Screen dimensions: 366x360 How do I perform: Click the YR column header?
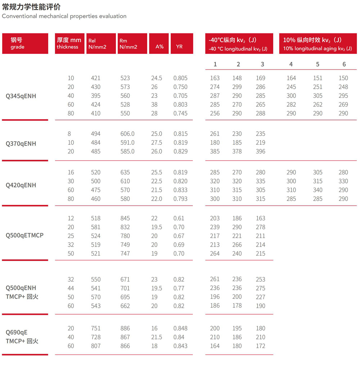tap(182, 44)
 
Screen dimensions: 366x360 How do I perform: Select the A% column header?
tap(159, 44)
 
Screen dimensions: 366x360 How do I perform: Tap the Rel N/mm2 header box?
tap(101, 44)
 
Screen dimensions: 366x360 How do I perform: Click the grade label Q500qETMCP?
tap(24, 235)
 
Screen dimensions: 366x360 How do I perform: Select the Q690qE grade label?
tap(17, 332)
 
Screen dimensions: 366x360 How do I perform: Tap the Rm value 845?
tap(125, 218)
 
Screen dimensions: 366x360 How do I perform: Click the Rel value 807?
tap(96, 346)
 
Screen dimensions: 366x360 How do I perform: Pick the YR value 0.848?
tap(180, 328)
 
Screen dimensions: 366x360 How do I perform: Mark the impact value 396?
tap(260, 151)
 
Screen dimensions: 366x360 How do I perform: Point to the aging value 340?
tap(318, 190)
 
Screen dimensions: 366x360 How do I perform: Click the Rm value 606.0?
tap(127, 134)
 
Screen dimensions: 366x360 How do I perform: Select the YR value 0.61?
tap(179, 218)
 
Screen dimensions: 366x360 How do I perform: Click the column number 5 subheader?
tap(318, 64)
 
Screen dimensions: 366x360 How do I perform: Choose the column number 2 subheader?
tap(238, 64)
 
